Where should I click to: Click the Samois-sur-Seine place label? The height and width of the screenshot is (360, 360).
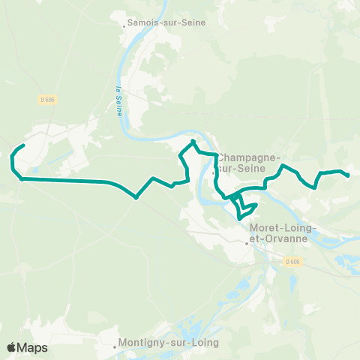166,22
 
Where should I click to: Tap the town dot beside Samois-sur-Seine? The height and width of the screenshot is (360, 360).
124,25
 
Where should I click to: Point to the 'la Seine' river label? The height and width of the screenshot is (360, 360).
119,100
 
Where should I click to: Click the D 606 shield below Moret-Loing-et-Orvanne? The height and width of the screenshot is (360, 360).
292,261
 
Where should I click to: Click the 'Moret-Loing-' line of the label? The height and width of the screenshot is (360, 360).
283,227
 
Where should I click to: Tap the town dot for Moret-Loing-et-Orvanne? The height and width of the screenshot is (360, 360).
247,242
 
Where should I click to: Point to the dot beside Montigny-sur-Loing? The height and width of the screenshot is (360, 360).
116,346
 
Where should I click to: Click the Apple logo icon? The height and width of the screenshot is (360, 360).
11,347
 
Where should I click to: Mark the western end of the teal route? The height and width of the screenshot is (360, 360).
25,145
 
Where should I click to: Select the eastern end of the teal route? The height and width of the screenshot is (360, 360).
349,176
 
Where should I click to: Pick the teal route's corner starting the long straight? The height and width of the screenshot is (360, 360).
22,179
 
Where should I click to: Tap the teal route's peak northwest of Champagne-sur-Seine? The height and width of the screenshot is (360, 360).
193,141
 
